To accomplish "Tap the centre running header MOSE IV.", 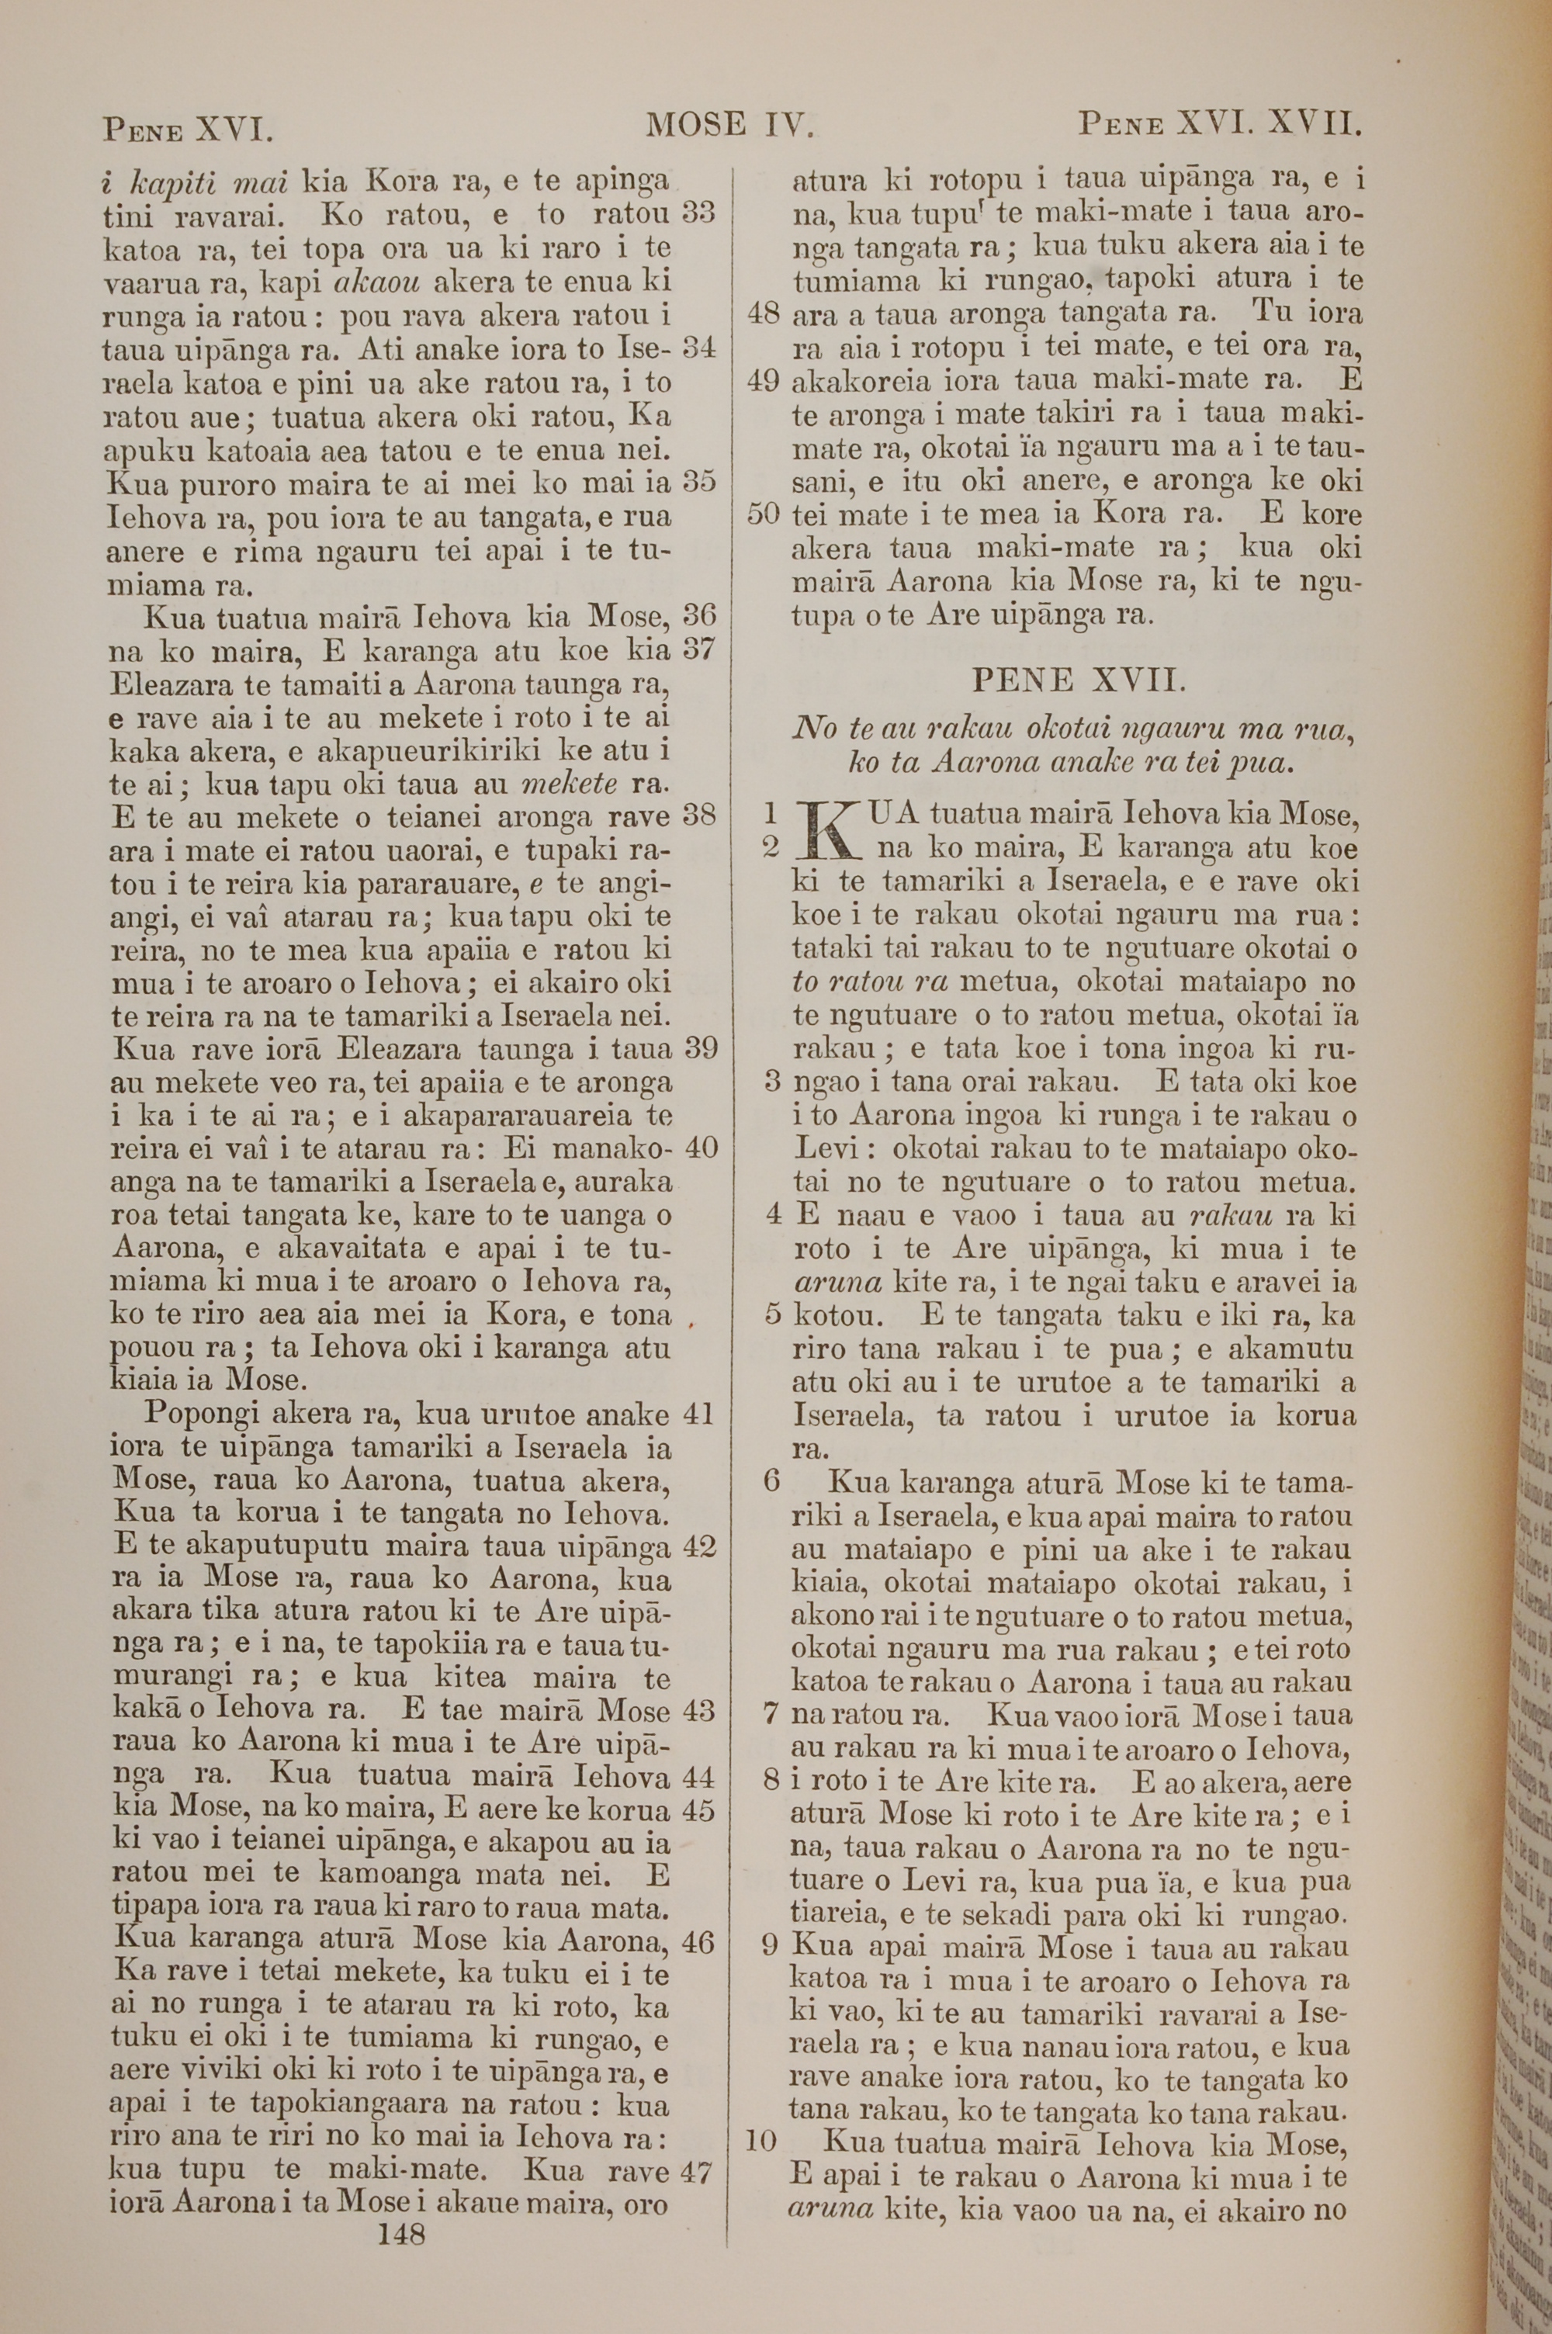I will click(x=729, y=125).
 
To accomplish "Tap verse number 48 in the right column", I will click(x=764, y=313).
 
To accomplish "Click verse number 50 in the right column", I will click(x=764, y=514).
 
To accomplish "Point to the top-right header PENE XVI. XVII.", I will click(x=1221, y=125).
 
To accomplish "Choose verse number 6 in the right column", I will click(x=772, y=1481).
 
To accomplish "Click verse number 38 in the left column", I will click(x=699, y=817).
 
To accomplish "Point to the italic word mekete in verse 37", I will click(x=568, y=784).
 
